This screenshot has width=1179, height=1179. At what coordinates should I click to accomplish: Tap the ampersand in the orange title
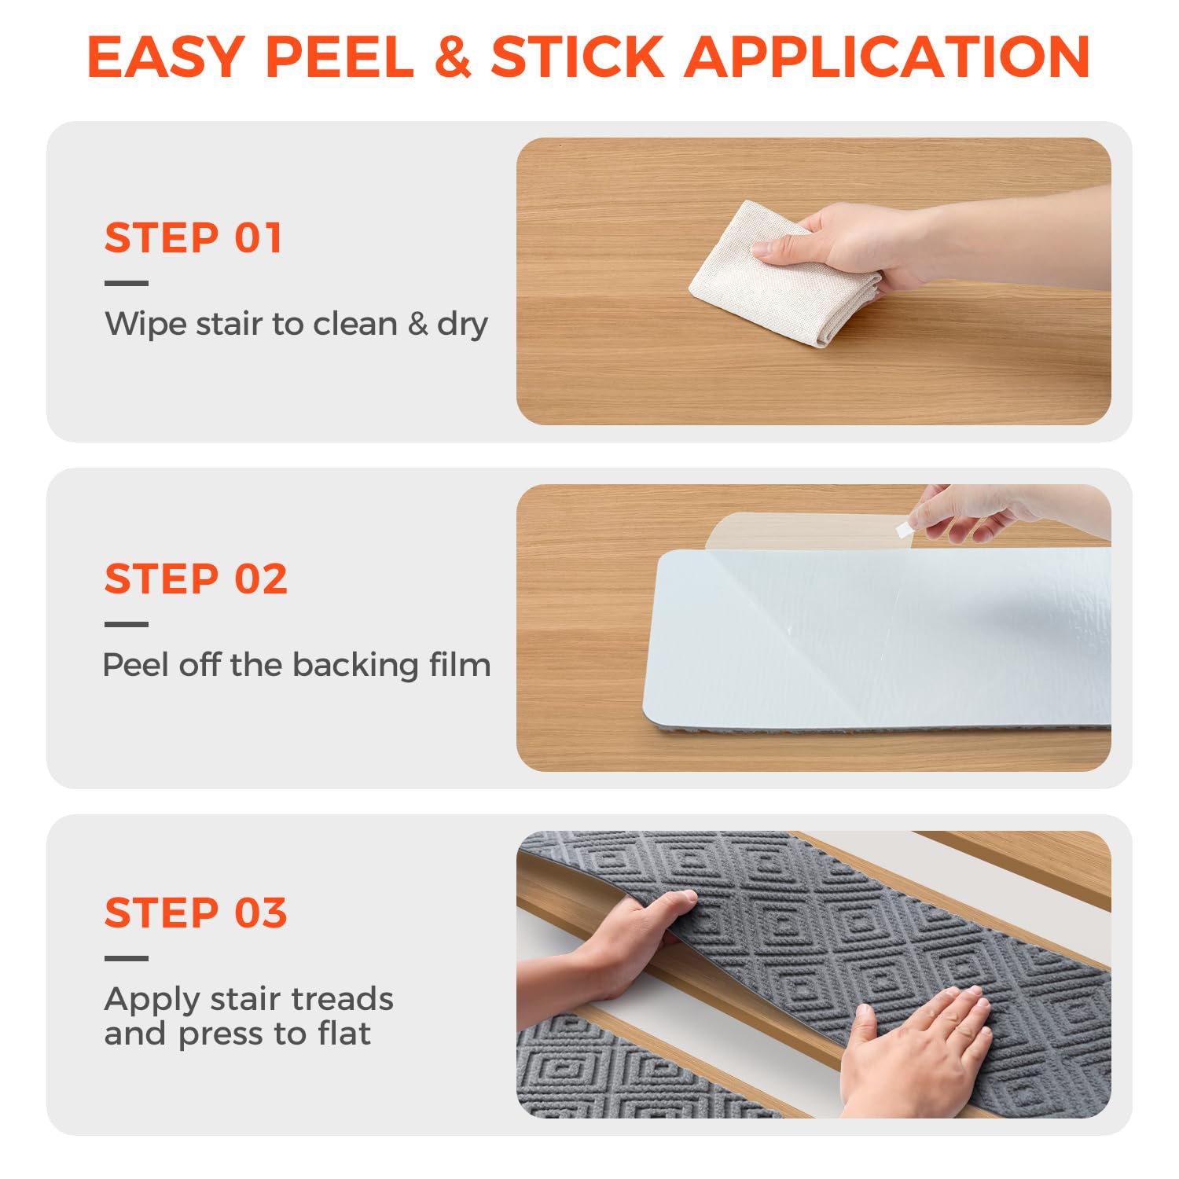(452, 57)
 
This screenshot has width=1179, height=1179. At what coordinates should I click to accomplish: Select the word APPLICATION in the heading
(887, 57)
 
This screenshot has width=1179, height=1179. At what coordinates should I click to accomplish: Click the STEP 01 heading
(193, 238)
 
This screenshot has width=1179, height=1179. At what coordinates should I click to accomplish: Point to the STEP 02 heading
(196, 579)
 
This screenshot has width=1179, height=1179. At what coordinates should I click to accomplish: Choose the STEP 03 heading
(196, 913)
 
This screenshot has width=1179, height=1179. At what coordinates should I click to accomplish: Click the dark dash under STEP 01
(126, 284)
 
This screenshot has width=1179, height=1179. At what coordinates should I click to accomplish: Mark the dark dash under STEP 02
(126, 625)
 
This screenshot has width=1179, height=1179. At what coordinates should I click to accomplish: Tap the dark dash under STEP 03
(126, 958)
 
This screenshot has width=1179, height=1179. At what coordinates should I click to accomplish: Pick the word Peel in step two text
(134, 665)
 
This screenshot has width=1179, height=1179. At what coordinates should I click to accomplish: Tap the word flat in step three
(343, 1034)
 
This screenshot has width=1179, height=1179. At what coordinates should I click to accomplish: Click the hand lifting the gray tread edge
(629, 943)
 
